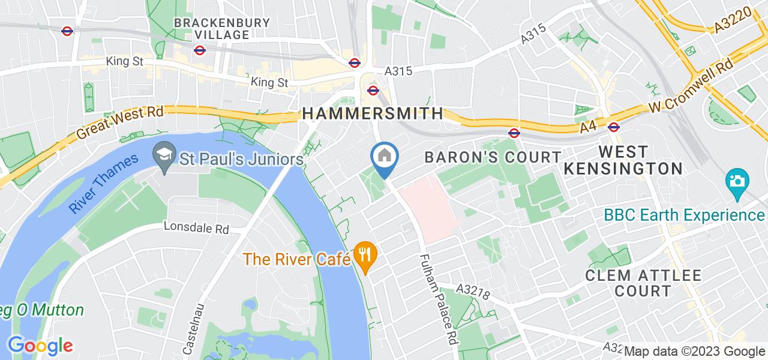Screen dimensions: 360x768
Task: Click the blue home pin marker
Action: (383, 158)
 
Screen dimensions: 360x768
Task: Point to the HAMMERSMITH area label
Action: (373, 113)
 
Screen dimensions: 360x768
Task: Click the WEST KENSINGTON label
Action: (623, 160)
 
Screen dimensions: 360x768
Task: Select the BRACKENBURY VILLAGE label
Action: (213, 29)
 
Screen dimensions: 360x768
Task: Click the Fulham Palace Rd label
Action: (437, 298)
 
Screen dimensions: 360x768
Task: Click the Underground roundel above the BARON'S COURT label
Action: (514, 133)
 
